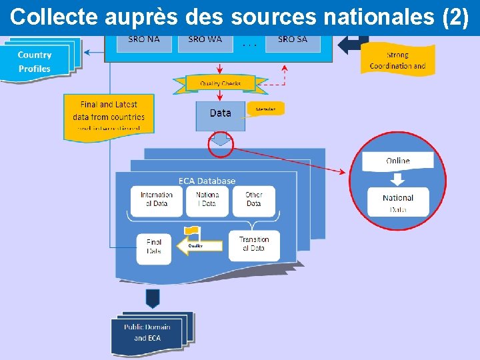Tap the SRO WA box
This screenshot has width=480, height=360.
point(205,40)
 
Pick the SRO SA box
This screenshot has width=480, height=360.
point(292,40)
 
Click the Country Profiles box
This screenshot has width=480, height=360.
point(35,62)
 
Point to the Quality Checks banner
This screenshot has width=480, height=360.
point(221,83)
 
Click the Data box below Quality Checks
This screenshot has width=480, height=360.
point(220,115)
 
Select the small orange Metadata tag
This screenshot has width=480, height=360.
point(265,109)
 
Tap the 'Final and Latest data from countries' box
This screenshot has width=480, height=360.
point(109,116)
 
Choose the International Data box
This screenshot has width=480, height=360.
point(157,200)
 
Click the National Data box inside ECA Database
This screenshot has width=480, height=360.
point(207,200)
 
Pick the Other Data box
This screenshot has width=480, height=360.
point(253,200)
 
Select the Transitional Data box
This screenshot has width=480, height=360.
point(254,245)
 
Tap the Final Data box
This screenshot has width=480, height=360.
point(154,247)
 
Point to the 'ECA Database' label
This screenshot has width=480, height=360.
point(207,181)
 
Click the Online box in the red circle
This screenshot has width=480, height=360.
point(398,161)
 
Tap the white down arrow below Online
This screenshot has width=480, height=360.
point(398,179)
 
